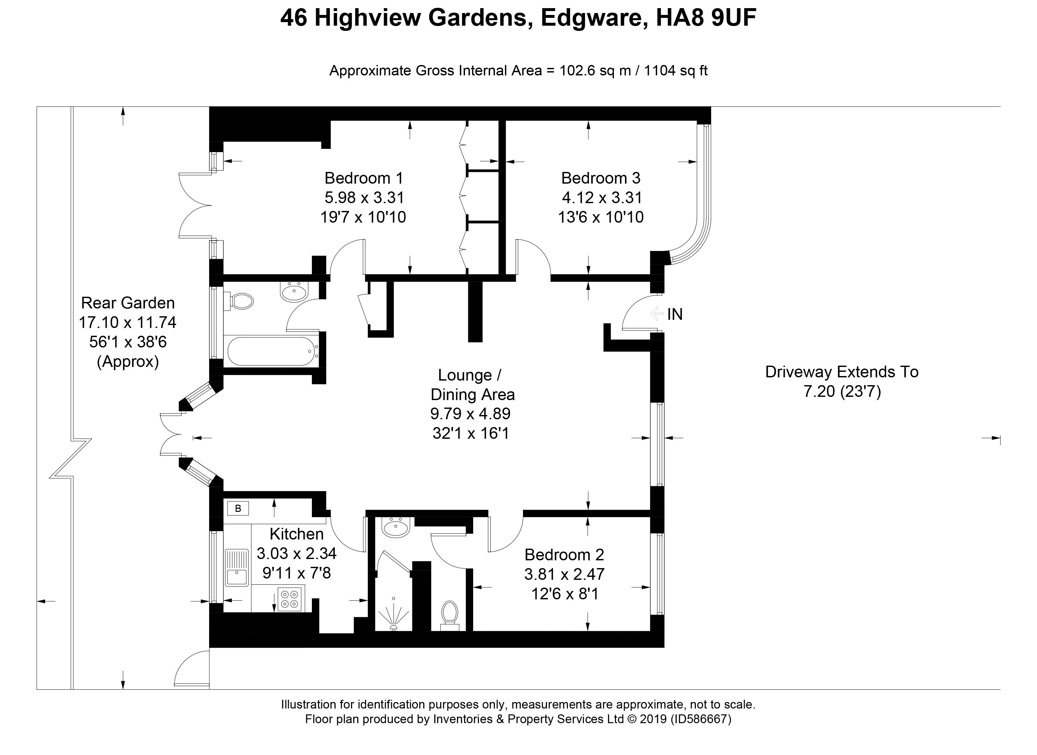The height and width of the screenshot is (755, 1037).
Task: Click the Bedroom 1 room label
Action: [x=364, y=178]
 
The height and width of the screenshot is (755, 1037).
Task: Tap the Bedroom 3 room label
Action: [x=601, y=178]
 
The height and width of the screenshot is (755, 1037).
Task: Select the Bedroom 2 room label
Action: [x=564, y=554]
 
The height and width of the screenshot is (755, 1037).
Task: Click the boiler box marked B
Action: [x=238, y=508]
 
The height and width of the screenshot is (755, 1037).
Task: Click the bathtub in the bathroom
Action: [x=272, y=351]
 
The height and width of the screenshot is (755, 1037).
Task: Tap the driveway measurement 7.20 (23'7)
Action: [x=842, y=391]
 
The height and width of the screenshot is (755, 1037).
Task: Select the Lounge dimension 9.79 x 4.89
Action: [x=471, y=414]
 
